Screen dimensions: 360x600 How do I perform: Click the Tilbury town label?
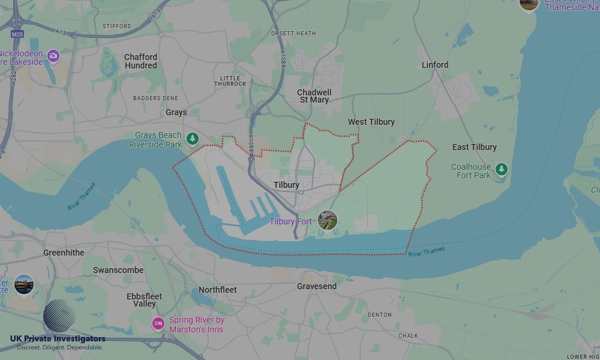pos(286,185)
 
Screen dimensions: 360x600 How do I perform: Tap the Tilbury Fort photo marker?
pos(328,220)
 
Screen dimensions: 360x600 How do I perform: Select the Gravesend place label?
pos(317,286)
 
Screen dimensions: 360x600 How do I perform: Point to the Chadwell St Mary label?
pos(314,96)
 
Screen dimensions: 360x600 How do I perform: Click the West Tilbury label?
pos(371,122)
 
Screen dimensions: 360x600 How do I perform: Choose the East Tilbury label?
pos(475,147)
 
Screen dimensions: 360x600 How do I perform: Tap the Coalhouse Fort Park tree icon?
pos(502,170)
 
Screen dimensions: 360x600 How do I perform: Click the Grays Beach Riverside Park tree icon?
pos(192,139)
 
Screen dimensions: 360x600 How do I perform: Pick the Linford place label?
pos(435,65)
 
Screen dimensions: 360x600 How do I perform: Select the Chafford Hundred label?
pos(141,61)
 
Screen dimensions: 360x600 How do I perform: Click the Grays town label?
pos(176,112)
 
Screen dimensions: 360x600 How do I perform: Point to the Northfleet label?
pos(218,290)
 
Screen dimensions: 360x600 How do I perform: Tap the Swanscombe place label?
pos(118,270)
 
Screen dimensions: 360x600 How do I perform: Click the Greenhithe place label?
pos(64,253)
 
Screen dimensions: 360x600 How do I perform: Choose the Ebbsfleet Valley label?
pos(145,300)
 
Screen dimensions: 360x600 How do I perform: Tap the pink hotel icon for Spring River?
pos(158,324)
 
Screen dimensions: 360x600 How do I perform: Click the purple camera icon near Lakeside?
pos(53,56)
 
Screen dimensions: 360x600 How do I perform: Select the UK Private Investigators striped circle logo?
pos(59,316)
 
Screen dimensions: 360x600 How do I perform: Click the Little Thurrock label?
pos(230,81)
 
